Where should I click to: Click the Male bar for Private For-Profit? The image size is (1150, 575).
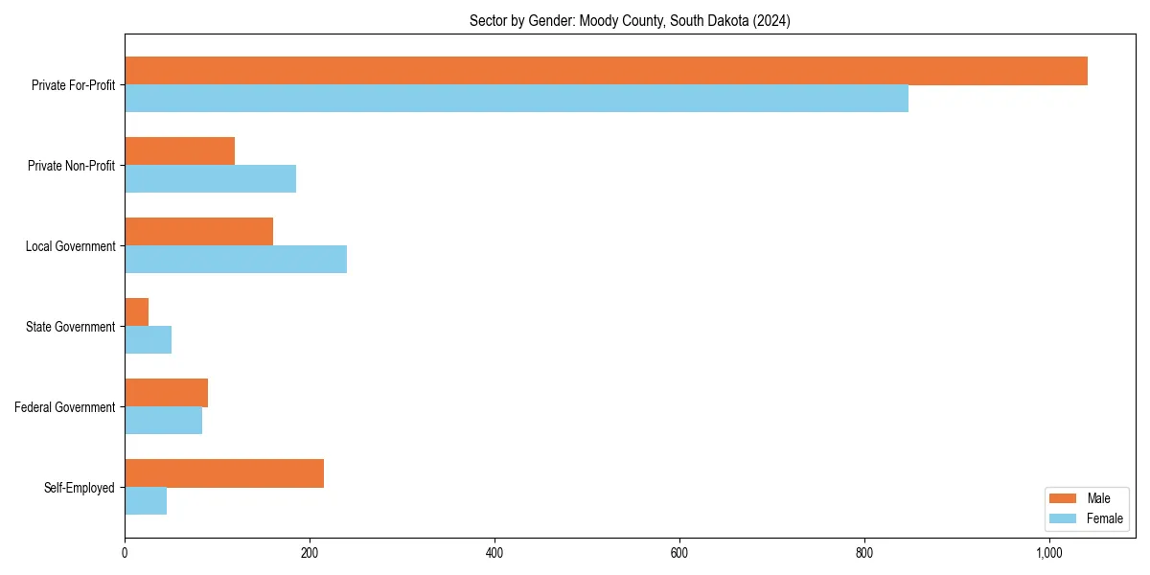(x=606, y=71)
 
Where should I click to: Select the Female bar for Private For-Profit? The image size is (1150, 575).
(x=517, y=99)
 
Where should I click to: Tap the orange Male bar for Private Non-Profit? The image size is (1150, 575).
(x=179, y=151)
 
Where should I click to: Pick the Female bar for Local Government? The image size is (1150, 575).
(x=236, y=260)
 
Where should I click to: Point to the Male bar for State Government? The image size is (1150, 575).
(x=136, y=312)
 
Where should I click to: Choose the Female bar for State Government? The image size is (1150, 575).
(x=148, y=340)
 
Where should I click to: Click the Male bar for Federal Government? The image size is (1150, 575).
(x=166, y=393)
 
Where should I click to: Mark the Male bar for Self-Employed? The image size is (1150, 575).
(x=224, y=473)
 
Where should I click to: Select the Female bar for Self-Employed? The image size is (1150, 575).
(x=146, y=501)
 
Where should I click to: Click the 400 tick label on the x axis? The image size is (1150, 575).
(x=494, y=553)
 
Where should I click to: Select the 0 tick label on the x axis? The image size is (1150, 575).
(x=125, y=553)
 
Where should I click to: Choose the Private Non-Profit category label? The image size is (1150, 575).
(x=71, y=166)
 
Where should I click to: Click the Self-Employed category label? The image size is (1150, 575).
(x=80, y=488)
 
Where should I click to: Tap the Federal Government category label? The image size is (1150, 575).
(x=65, y=407)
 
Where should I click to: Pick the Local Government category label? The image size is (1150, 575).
(x=70, y=246)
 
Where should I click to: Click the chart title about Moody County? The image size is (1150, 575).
(x=630, y=21)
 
